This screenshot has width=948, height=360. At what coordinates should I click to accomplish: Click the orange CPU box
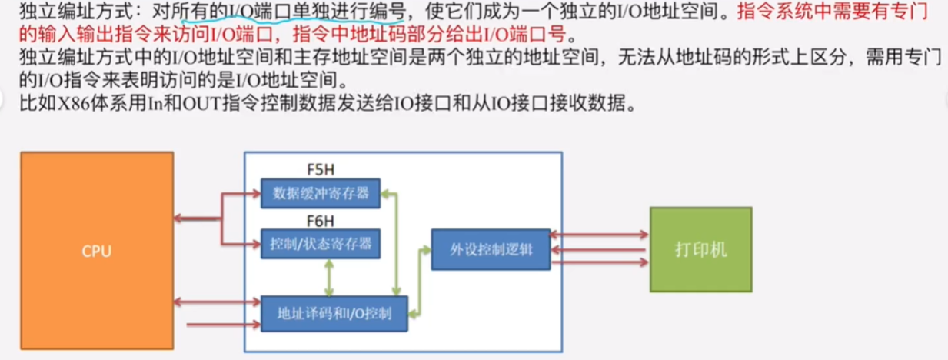96,251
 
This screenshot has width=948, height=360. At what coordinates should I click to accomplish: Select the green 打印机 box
700,249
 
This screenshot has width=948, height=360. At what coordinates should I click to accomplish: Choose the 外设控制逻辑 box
491,249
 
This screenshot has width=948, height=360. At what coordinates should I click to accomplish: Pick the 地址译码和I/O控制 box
334,313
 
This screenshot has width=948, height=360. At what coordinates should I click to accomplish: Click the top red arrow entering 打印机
600,234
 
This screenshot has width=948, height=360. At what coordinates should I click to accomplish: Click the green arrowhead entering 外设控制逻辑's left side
426,249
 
